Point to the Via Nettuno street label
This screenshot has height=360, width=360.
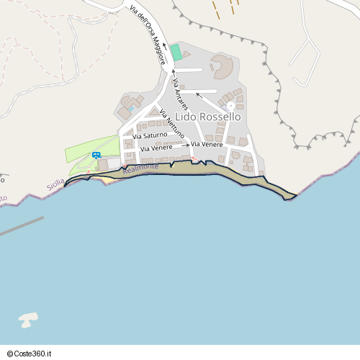click(172, 123)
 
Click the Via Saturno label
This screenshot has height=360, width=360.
click(150, 135)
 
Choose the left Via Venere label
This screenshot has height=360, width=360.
click(156, 148)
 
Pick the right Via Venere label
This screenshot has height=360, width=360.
click(207, 145)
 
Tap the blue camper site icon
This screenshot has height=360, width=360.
click(96, 155)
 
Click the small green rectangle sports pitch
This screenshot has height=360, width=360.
click(176, 53)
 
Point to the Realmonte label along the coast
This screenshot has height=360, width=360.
click(140, 168)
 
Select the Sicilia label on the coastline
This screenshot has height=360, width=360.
click(55, 184)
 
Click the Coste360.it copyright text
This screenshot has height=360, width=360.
click(31, 354)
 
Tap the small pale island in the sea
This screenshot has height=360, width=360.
click(27, 319)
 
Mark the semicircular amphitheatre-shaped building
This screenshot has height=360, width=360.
click(222, 67)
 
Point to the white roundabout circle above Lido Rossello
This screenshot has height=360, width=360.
click(230, 106)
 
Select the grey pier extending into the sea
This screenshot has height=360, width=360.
click(22, 226)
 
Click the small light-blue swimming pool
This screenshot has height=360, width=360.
click(131, 109)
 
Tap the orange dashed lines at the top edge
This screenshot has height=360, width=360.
click(225, 7)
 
